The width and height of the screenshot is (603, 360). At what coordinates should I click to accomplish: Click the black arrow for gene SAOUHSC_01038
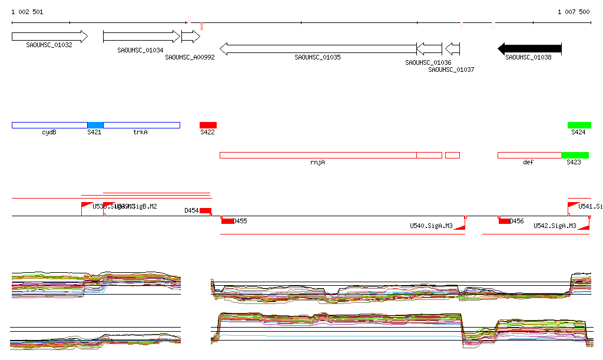[529, 48]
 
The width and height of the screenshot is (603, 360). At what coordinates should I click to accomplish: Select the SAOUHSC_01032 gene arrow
[49, 37]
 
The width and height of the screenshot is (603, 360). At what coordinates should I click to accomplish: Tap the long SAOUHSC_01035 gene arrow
[318, 48]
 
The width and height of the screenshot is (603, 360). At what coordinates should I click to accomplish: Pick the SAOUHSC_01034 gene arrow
[141, 37]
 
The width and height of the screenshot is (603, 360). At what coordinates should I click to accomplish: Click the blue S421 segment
[95, 125]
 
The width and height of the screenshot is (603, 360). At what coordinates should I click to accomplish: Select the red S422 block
[208, 125]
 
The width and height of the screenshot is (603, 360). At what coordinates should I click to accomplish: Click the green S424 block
[579, 125]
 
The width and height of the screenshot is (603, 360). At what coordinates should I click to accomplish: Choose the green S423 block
[575, 155]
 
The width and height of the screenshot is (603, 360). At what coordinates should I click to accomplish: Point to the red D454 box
[205, 210]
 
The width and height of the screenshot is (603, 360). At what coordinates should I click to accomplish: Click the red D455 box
[227, 221]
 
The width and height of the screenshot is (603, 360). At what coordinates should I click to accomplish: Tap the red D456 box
[504, 221]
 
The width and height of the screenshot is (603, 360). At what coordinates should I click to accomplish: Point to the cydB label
[49, 133]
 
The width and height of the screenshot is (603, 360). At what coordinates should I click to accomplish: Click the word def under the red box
[528, 162]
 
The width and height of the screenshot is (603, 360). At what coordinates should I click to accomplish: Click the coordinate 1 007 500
[574, 12]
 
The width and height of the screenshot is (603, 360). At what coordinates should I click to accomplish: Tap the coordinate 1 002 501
[27, 12]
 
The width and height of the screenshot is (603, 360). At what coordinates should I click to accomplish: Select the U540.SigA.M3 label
[431, 226]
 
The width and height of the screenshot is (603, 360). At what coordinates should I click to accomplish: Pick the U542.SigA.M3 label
[555, 226]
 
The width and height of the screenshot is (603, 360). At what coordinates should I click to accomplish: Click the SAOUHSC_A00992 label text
[190, 58]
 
